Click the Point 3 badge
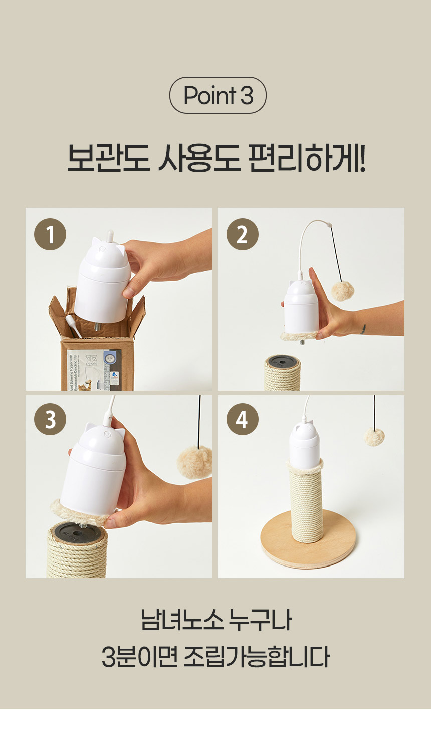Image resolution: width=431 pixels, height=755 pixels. coord(218,95)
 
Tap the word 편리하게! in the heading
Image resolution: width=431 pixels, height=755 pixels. coord(307,159)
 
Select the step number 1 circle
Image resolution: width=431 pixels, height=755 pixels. coord(50,234)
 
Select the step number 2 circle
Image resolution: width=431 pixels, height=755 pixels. coord(242,234)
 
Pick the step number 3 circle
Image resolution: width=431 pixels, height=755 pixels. coord(50,419)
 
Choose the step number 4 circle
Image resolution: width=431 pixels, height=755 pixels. coord(242,419)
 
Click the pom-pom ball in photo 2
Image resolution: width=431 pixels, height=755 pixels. coord(343,291)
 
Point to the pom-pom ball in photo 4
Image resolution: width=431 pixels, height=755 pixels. coord(374,436)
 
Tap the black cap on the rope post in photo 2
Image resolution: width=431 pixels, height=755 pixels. coord(282,361)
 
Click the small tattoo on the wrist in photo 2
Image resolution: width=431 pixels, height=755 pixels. coord(364,329)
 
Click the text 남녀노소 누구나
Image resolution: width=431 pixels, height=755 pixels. coord(215,621)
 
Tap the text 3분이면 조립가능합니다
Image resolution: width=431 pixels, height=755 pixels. coord(215,657)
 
